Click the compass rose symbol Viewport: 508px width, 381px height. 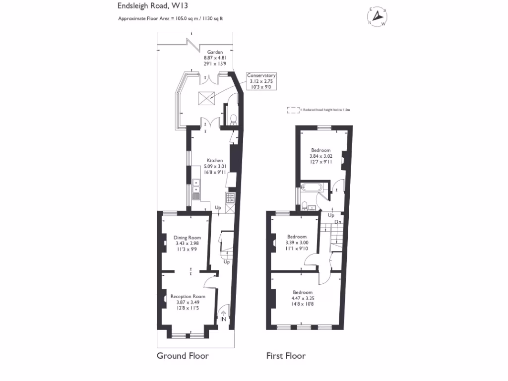(x=378, y=16)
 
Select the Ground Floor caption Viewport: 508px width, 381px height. (x=183, y=356)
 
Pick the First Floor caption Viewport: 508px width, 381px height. (x=286, y=356)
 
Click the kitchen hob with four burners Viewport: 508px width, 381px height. (x=231, y=198)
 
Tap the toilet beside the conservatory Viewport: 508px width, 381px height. (x=233, y=119)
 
